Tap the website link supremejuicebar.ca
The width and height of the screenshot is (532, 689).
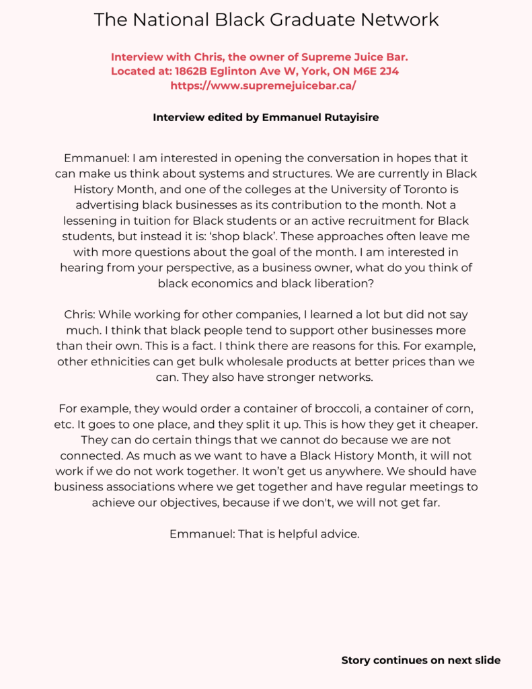coord(263,85)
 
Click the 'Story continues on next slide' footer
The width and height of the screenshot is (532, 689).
coord(421,660)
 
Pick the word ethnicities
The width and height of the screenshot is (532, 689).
coord(118,362)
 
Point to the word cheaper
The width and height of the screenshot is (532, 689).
coord(455,425)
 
